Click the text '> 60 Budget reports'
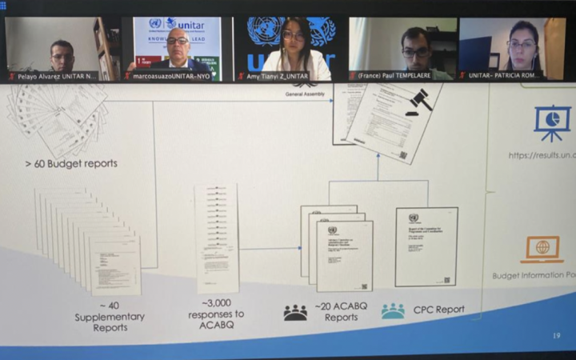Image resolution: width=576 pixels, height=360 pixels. click(71, 164)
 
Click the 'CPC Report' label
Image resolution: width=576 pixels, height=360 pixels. click(438, 310)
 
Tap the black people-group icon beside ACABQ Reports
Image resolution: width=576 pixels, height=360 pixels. click(295, 312)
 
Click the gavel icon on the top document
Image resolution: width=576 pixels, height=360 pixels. click(418, 102)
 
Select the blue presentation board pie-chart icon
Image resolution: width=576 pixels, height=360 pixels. click(552, 122)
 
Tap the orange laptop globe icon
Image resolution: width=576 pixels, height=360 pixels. click(542, 249)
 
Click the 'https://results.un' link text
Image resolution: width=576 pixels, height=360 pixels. click(541, 155)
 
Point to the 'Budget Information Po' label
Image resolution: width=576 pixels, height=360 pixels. click(533, 276)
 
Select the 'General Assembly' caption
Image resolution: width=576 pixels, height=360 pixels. click(305, 94)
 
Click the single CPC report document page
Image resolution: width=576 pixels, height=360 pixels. click(426, 246)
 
